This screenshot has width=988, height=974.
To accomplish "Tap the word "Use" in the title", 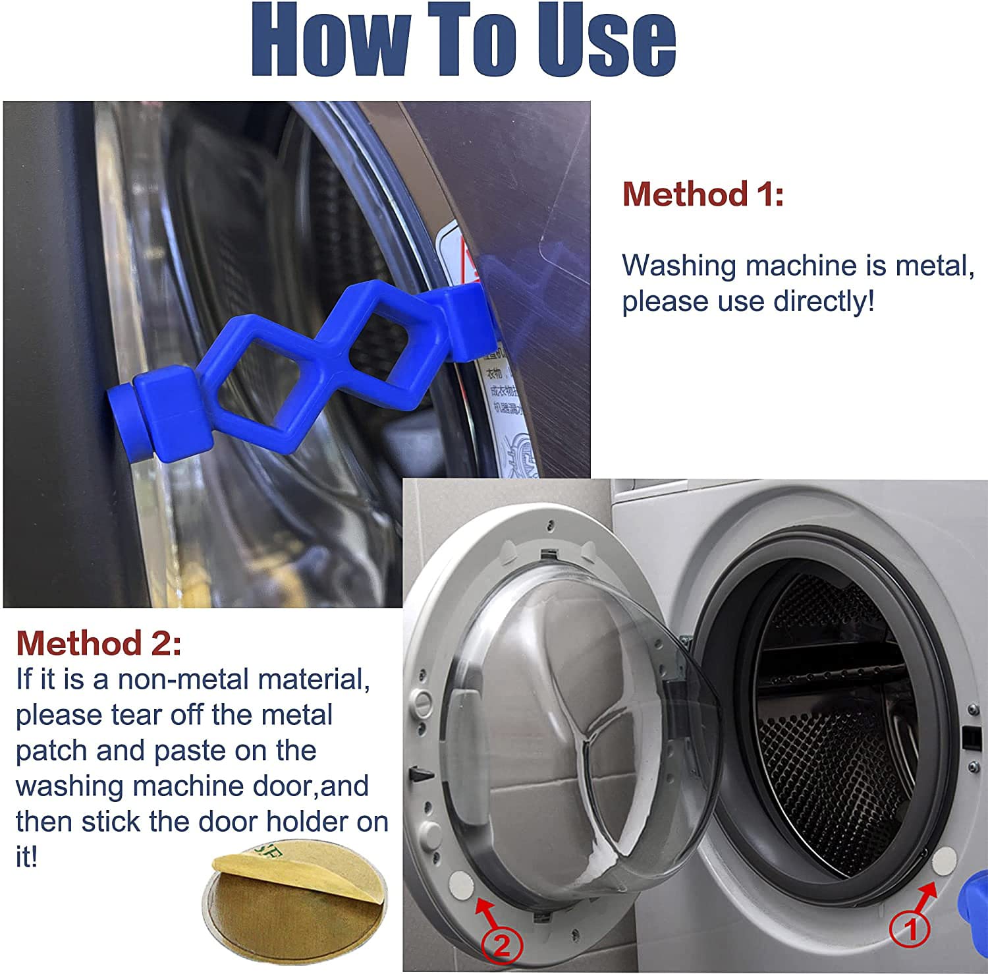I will [606, 41].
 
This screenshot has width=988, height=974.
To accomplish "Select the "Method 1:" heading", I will [703, 194].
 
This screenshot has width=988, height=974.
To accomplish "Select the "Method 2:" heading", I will [98, 643].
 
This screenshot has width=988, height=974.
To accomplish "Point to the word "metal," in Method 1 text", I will [935, 266].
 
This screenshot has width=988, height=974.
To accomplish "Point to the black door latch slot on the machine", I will [968, 736].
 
